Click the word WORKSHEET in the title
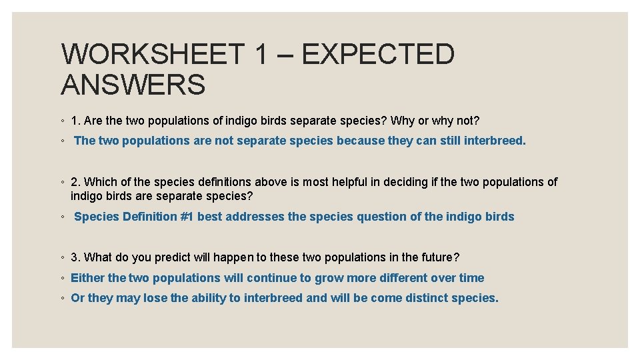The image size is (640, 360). tap(153, 54)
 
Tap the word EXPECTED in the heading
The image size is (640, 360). tap(377, 54)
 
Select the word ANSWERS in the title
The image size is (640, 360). tap(133, 85)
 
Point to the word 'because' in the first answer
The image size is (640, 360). tap(361, 141)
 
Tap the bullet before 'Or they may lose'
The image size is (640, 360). tap(62, 299)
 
